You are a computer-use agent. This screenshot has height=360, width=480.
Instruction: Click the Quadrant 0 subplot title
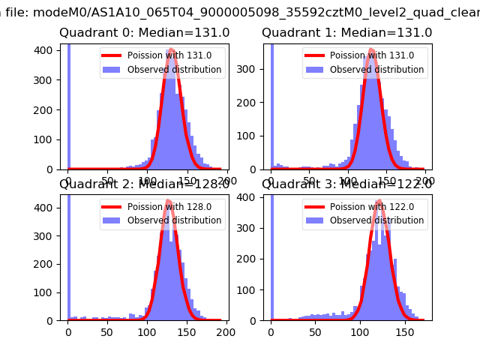[145, 33]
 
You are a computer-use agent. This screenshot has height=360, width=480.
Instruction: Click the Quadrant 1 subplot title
[346, 33]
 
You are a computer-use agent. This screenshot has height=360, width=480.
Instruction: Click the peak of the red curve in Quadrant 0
[172, 50]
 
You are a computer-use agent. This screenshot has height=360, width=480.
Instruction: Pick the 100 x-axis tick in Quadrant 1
[348, 181]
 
